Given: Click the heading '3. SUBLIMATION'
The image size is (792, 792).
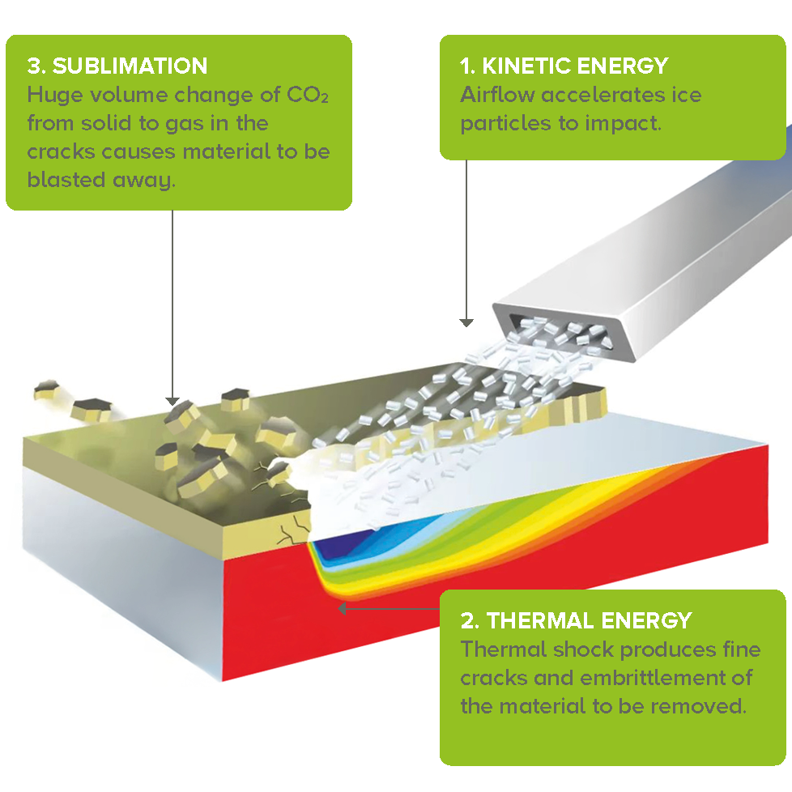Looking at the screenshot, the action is [x=117, y=66].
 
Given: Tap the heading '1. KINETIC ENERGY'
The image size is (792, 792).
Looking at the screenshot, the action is [x=564, y=66].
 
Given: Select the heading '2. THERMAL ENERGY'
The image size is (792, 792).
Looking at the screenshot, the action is [x=576, y=621].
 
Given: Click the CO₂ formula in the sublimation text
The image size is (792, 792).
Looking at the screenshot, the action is [x=308, y=95].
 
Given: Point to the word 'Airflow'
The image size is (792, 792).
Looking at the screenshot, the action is [x=497, y=95].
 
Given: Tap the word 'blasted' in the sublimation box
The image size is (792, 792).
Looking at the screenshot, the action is [x=66, y=180].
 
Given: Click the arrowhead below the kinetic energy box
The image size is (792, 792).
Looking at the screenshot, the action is [x=466, y=323].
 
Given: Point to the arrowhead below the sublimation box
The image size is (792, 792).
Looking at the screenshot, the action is [x=172, y=402].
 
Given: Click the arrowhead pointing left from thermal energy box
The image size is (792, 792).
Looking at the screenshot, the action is [x=342, y=609].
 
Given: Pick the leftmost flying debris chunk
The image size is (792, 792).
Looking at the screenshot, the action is [x=46, y=390].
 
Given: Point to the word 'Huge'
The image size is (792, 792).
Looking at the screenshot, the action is [x=54, y=95].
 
